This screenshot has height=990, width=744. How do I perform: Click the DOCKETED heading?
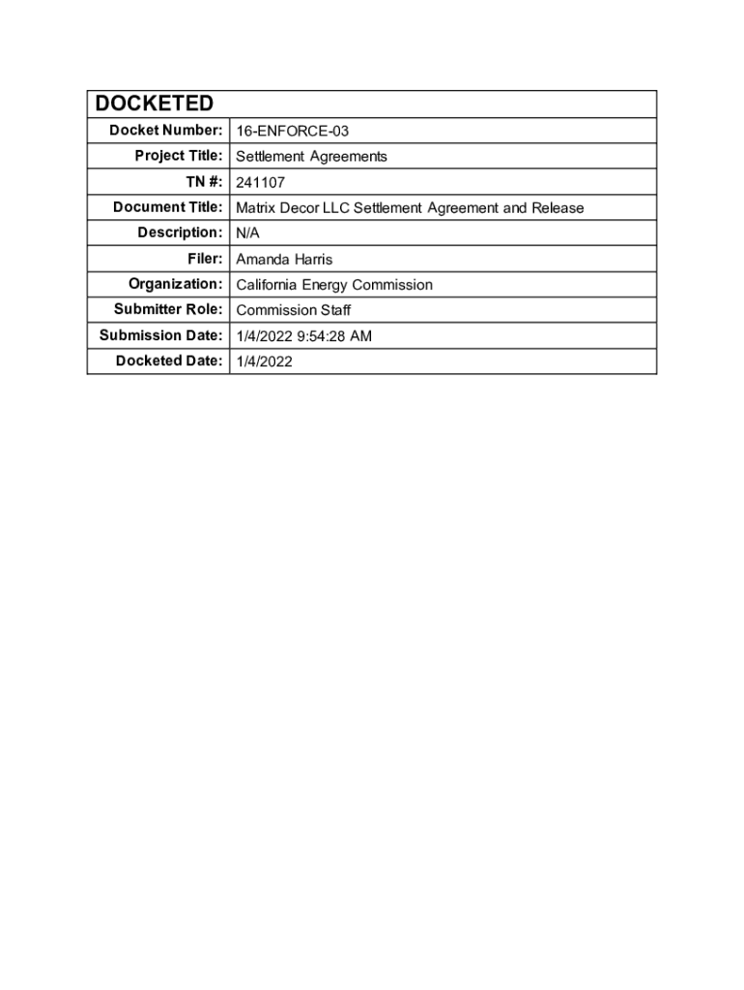coord(153,103)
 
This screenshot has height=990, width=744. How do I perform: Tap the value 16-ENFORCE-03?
coord(292,131)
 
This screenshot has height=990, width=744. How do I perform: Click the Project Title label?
coord(179,156)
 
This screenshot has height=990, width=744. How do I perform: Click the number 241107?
coord(261,182)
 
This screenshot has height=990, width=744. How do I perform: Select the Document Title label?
coord(168,207)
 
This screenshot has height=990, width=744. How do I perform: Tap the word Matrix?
coord(256,208)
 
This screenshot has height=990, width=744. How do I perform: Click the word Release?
coord(558,208)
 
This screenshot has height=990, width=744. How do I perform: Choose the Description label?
coord(179,232)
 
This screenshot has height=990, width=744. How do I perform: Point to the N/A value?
coord(248,233)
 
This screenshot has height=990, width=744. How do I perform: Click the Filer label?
coord(205,258)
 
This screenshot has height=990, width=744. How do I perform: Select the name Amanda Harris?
coord(284,259)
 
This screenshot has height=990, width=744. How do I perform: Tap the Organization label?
coord(176,283)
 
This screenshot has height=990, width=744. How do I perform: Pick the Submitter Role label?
coord(168,309)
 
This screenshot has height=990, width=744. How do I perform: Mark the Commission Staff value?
coord(294,310)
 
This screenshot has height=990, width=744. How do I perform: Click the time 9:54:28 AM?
coord(336,336)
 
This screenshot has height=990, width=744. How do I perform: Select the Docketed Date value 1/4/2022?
coord(265,362)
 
